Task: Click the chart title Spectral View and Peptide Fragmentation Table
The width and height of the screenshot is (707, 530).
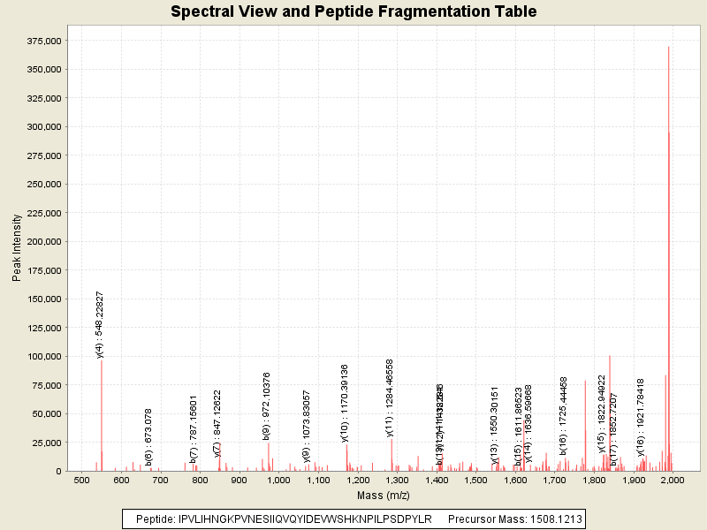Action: coord(353,12)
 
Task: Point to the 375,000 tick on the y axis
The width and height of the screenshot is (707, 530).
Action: coord(42,42)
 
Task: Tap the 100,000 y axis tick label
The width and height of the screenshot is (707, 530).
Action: coord(42,357)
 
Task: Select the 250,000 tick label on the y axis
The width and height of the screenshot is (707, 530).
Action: coord(42,185)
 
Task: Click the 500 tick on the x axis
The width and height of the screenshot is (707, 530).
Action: coord(82,481)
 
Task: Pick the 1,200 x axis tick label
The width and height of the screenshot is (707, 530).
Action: coord(358,481)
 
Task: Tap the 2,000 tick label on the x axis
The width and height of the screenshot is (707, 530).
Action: coord(673,481)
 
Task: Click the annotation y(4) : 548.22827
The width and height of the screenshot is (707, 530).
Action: coord(101,324)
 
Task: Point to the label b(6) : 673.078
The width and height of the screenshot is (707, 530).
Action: coord(149,436)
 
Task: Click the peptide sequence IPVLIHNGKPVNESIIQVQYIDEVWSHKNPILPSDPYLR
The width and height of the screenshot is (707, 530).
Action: coord(305,519)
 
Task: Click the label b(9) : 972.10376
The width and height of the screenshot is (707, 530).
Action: coord(267,405)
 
